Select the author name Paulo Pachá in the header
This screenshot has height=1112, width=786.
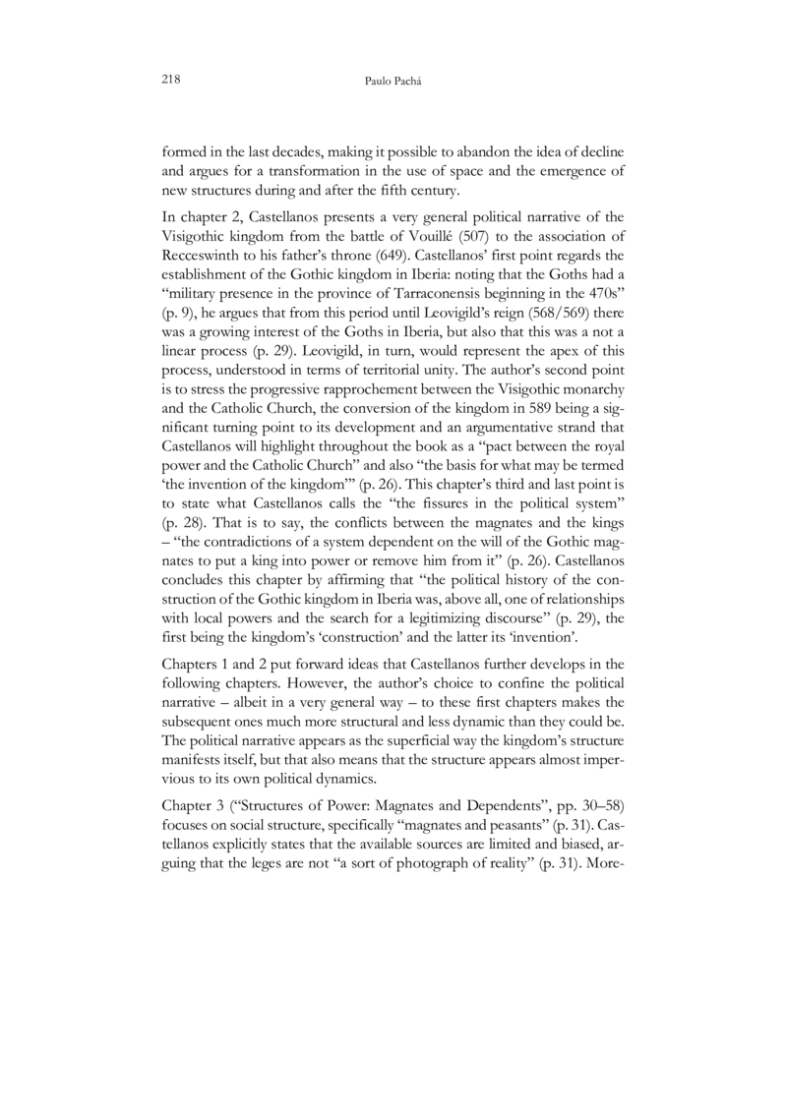pyautogui.click(x=393, y=79)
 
